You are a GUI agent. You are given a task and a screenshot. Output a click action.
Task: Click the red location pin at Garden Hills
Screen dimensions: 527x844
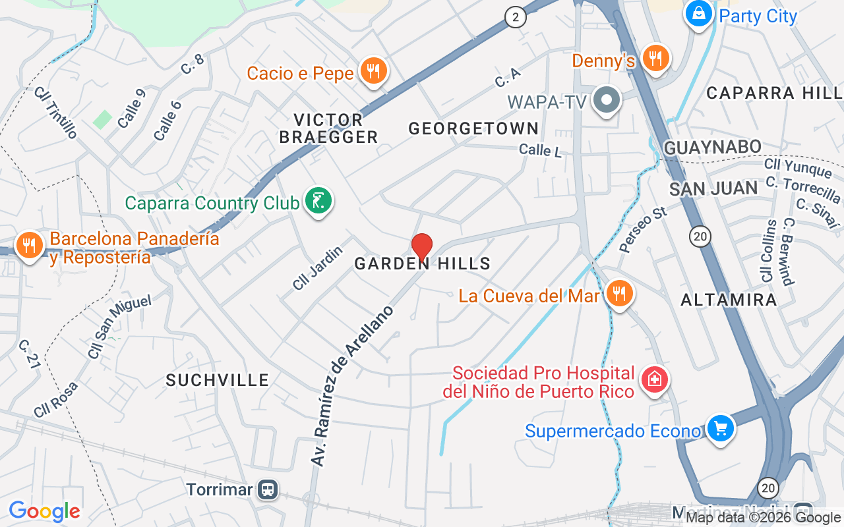pos(422,246)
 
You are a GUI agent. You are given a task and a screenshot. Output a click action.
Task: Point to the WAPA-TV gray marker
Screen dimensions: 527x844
pos(607,101)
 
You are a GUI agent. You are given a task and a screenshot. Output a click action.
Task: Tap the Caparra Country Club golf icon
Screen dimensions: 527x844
pos(318,201)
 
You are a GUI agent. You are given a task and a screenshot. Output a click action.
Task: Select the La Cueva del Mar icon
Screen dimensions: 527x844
pos(618,294)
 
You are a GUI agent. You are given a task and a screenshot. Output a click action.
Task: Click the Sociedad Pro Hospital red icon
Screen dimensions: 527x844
pos(655,380)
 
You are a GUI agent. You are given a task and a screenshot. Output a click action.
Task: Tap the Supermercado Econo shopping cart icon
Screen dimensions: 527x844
pos(720,429)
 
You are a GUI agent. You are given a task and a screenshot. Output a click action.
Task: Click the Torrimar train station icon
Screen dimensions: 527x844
pos(268,489)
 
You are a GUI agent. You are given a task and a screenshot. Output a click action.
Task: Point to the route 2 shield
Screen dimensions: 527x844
pos(516,17)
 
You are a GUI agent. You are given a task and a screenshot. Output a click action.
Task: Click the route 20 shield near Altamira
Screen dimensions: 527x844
pos(701,236)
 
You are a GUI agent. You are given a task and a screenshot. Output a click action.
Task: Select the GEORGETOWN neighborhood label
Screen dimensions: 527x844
pos(473,128)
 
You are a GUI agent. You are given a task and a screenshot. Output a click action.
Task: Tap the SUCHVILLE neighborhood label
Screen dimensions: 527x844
pos(218,380)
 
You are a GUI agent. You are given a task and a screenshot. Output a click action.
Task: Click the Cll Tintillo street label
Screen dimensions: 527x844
pos(55,112)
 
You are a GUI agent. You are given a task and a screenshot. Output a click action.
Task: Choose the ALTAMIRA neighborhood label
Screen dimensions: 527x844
pos(729,300)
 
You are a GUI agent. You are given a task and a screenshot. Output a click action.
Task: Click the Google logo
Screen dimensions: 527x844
pos(44,511)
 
